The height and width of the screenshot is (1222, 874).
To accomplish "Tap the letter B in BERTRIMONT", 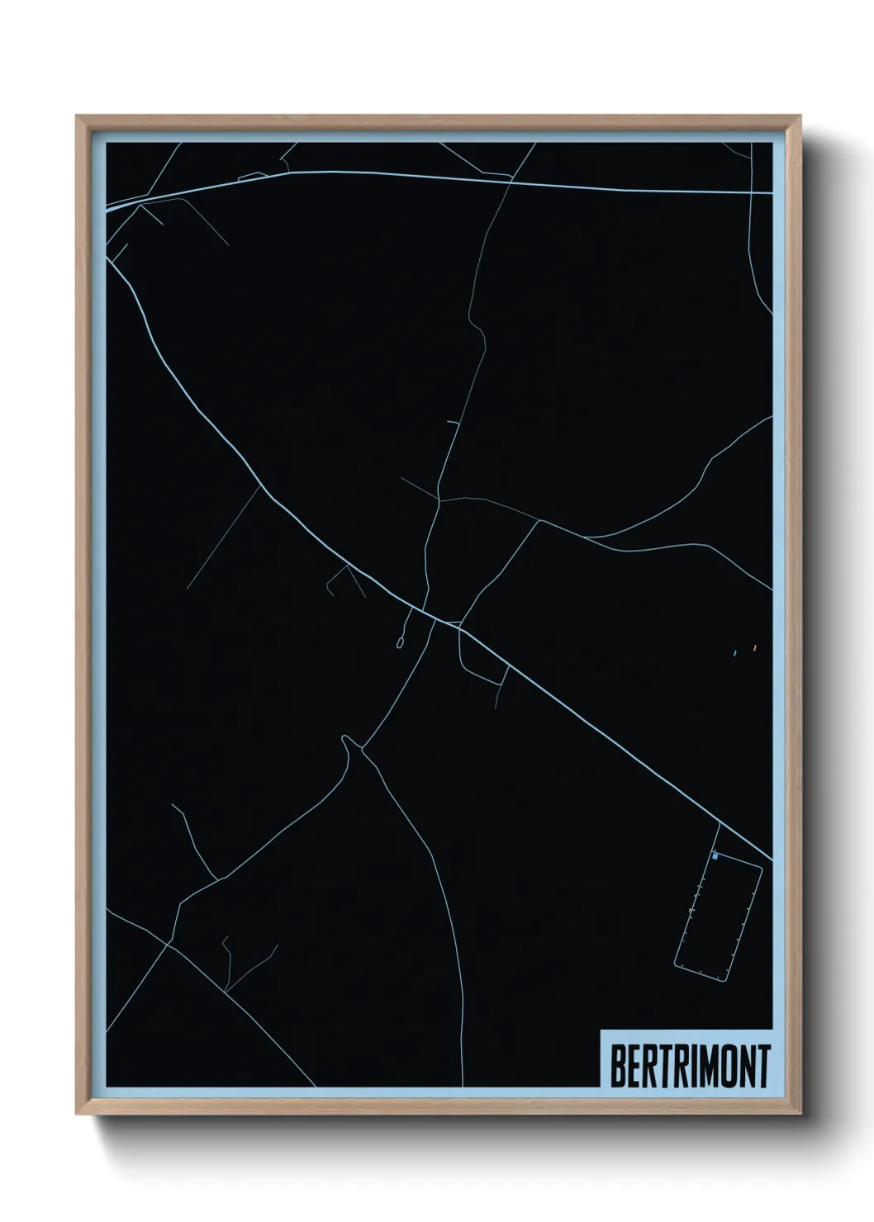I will coord(618,1066).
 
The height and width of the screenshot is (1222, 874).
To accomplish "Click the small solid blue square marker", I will coord(715,857).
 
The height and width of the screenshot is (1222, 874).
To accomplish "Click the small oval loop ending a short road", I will coord(401,642).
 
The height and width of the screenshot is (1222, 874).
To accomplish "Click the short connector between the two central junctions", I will coord(442,619).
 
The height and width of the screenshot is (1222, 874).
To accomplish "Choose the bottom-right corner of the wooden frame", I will coord(800,1113).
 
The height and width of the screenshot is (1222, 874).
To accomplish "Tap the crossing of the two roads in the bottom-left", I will coord(169,943).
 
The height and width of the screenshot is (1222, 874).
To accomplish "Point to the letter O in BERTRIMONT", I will coord(722,1066).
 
